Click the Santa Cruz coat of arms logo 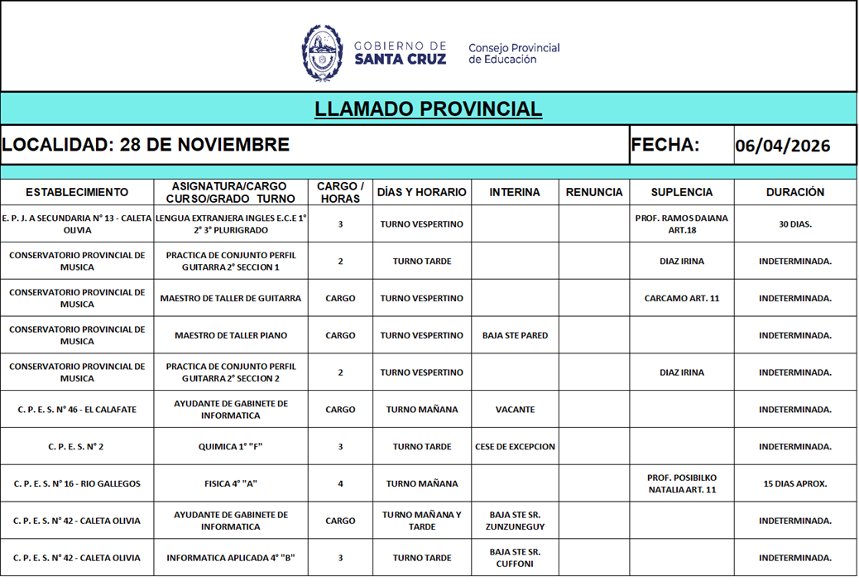click(322, 52)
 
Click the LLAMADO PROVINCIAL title click(428, 109)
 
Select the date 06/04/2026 click(782, 146)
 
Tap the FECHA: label click(665, 145)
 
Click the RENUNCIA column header click(593, 192)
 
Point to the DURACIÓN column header click(794, 192)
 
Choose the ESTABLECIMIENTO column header click(77, 192)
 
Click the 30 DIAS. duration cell click(794, 224)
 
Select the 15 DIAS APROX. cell click(794, 484)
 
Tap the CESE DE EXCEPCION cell click(515, 447)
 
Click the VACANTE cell click(515, 410)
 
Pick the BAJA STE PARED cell click(515, 336)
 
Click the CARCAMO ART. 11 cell click(681, 299)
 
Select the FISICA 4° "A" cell click(231, 484)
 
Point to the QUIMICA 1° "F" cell click(231, 447)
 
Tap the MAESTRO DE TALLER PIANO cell click(231, 336)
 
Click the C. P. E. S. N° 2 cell click(76, 447)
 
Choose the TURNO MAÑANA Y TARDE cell click(421, 521)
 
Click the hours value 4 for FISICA click(340, 484)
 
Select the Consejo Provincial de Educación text click(513, 53)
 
